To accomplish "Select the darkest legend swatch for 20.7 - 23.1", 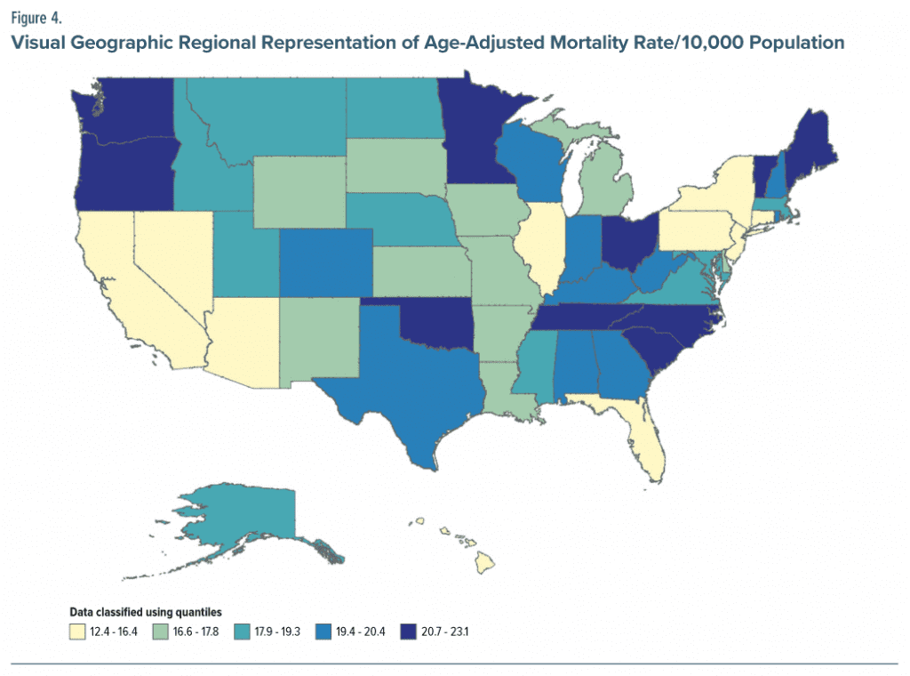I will click(x=411, y=631).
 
